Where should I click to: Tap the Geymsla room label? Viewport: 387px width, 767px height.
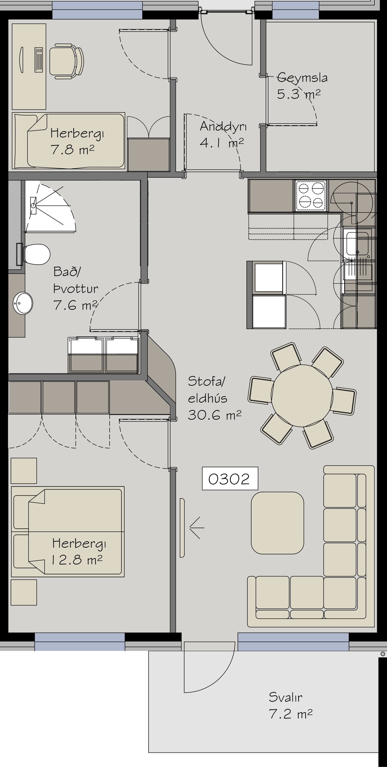[x=302, y=78]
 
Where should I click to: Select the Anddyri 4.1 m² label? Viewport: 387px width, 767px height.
[x=223, y=134]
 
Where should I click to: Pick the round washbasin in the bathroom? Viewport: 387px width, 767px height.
[x=23, y=303]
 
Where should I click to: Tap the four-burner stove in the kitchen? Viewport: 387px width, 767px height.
[x=311, y=195]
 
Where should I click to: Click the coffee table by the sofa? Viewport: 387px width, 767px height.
[x=277, y=523]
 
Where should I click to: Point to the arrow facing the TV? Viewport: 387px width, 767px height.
[x=197, y=528]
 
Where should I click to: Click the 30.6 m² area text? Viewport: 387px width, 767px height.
[x=214, y=415]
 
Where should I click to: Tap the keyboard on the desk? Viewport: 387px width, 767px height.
[x=39, y=60]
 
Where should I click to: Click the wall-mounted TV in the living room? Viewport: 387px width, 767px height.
[x=182, y=528]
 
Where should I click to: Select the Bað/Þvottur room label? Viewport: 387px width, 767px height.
[x=76, y=280]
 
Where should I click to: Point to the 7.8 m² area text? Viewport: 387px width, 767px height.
[x=73, y=150]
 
